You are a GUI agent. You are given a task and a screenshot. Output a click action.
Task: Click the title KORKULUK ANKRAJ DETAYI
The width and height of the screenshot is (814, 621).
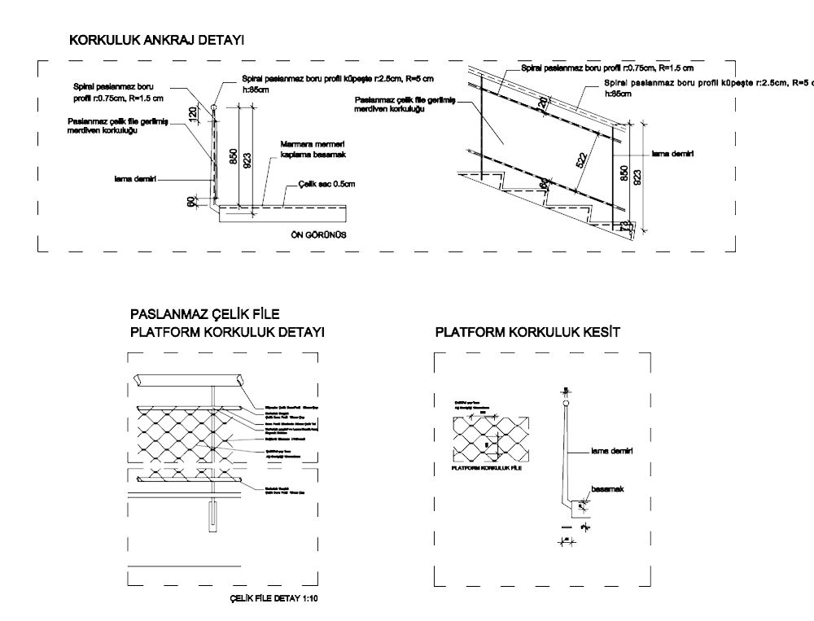[157, 40]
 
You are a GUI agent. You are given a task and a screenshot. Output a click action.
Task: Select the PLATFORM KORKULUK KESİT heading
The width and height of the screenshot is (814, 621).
[527, 333]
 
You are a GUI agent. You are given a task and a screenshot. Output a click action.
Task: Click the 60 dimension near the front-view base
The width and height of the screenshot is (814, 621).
[192, 202]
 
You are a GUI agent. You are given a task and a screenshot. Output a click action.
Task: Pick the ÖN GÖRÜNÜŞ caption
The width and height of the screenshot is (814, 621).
[319, 235]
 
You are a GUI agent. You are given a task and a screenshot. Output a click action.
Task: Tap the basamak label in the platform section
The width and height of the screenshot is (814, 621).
[607, 488]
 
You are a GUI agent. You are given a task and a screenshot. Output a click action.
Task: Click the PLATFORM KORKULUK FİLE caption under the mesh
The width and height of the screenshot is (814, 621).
[486, 470]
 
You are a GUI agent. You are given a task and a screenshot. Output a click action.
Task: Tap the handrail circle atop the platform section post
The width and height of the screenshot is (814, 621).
[566, 400]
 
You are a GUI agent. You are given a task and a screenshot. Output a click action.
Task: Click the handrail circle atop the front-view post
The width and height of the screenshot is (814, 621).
[213, 107]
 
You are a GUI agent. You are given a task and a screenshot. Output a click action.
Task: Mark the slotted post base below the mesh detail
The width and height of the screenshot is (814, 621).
[213, 517]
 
